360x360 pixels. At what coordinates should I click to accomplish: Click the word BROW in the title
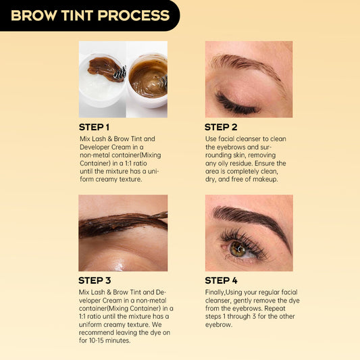tap(34, 16)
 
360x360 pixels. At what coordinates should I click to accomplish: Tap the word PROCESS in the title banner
tap(134, 16)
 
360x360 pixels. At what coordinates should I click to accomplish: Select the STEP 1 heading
tap(94, 127)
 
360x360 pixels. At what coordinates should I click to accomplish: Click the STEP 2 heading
tap(221, 127)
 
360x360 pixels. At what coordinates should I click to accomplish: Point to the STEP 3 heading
tap(95, 280)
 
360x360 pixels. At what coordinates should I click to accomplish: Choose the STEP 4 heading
tap(221, 280)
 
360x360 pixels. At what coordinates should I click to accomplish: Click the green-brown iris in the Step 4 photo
tap(238, 249)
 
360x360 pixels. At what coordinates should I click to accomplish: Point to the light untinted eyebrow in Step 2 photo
tap(247, 63)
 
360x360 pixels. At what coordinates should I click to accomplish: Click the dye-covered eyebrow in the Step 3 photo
tap(123, 224)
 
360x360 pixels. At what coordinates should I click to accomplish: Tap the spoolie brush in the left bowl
tap(120, 74)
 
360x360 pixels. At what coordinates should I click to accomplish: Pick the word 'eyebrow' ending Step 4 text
tap(218, 325)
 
